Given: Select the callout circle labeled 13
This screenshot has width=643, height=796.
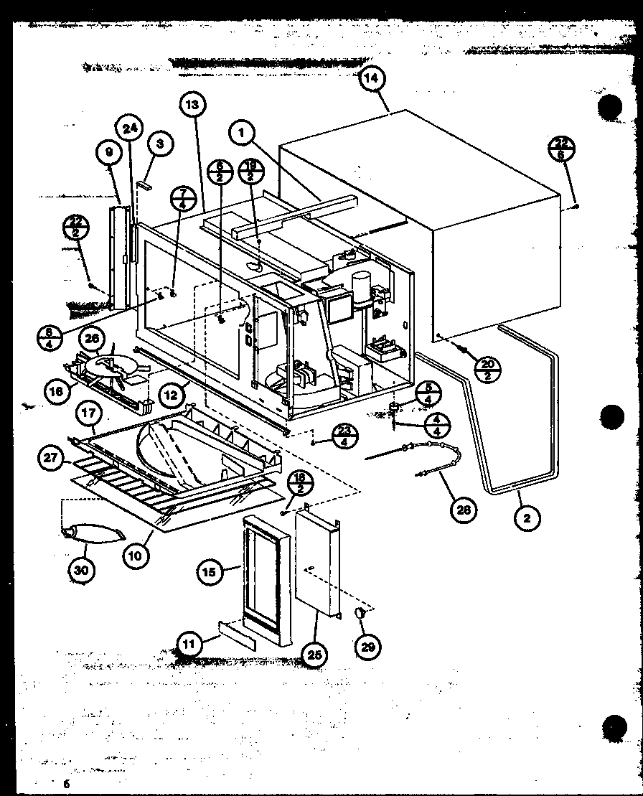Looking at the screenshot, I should coord(192,105).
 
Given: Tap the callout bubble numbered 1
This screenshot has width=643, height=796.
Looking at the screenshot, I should coord(243,132).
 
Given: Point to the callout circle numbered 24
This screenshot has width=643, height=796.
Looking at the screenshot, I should coord(130,129).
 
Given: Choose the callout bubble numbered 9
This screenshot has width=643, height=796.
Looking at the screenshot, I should coord(108,153).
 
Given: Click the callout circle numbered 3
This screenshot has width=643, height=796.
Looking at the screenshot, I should coord(159,144).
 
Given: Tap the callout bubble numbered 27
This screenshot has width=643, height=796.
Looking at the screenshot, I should coord(51,460).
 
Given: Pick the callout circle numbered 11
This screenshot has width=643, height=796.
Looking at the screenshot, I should coord(188,644).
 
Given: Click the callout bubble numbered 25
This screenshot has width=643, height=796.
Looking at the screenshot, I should coord(314,655).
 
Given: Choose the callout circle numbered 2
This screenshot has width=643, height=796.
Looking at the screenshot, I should coord(526,518).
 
